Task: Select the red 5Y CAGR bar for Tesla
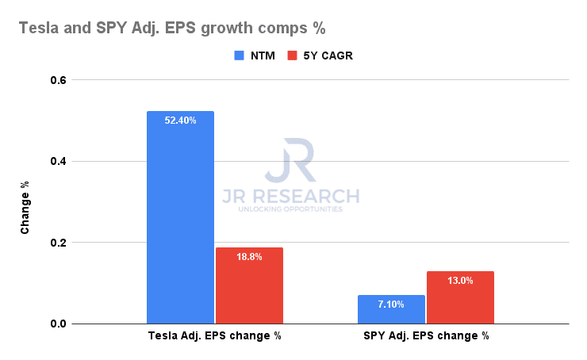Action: (x=249, y=285)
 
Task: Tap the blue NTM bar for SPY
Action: (x=391, y=309)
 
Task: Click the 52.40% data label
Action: (x=180, y=121)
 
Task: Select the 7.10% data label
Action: (x=391, y=304)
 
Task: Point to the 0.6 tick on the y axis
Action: (x=59, y=80)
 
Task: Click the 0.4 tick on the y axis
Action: (x=59, y=162)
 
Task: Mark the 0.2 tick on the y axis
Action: (x=59, y=243)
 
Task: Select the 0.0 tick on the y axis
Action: (x=59, y=324)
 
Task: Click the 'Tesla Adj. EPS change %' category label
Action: (x=215, y=336)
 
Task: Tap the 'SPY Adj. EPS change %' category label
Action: (x=426, y=336)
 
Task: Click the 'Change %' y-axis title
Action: (x=25, y=207)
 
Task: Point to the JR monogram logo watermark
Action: (x=290, y=162)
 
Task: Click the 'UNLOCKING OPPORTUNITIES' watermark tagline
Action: (x=290, y=209)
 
